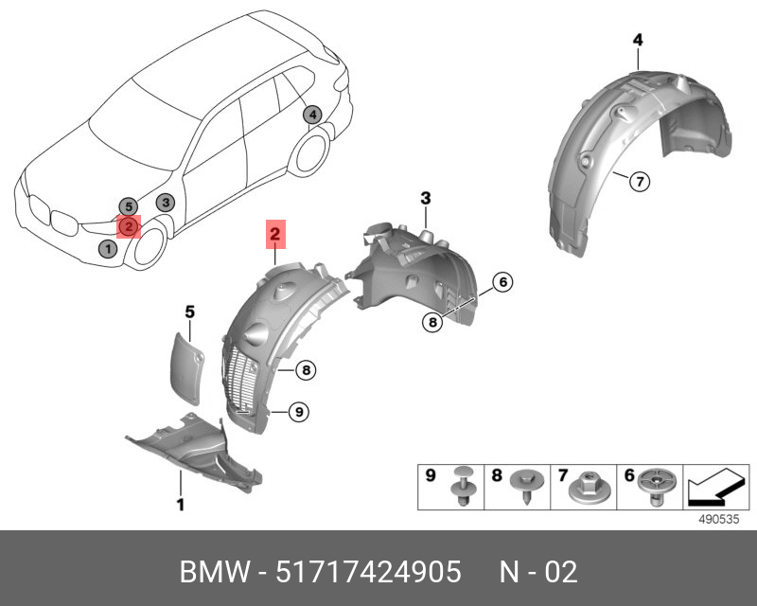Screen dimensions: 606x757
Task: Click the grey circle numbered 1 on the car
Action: [108, 249]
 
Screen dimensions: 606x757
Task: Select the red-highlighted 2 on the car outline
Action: [127, 226]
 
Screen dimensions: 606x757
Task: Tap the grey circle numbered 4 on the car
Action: [312, 116]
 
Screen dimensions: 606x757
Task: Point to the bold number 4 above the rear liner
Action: [638, 40]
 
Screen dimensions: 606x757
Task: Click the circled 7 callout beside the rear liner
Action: [639, 181]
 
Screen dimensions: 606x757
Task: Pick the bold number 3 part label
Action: [426, 198]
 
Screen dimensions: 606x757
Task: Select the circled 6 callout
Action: [502, 282]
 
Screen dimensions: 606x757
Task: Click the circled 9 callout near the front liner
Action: [297, 411]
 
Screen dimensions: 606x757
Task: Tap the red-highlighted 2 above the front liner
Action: [275, 233]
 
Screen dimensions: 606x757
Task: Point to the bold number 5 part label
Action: [189, 311]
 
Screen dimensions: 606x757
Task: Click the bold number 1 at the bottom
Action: [181, 505]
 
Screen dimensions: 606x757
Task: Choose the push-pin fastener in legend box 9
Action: [464, 486]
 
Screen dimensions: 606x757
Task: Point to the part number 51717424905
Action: [368, 572]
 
